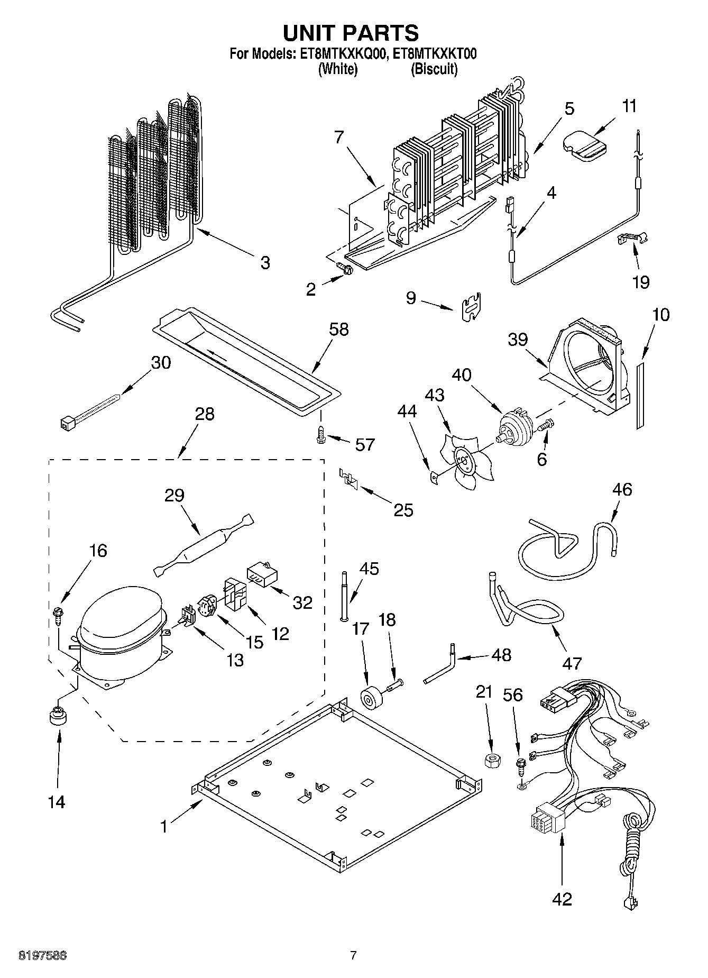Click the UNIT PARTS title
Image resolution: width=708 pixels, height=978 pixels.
coord(351,33)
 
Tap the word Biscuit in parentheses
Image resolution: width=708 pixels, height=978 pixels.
coord(434,69)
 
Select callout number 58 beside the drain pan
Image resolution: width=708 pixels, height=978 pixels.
coord(338,329)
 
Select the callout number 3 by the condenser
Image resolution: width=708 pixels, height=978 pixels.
coord(265,262)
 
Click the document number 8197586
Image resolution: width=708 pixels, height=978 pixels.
coord(43,955)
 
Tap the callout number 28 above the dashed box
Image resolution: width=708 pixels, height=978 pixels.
coord(205,414)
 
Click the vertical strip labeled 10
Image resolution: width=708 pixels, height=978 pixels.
coord(640,395)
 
